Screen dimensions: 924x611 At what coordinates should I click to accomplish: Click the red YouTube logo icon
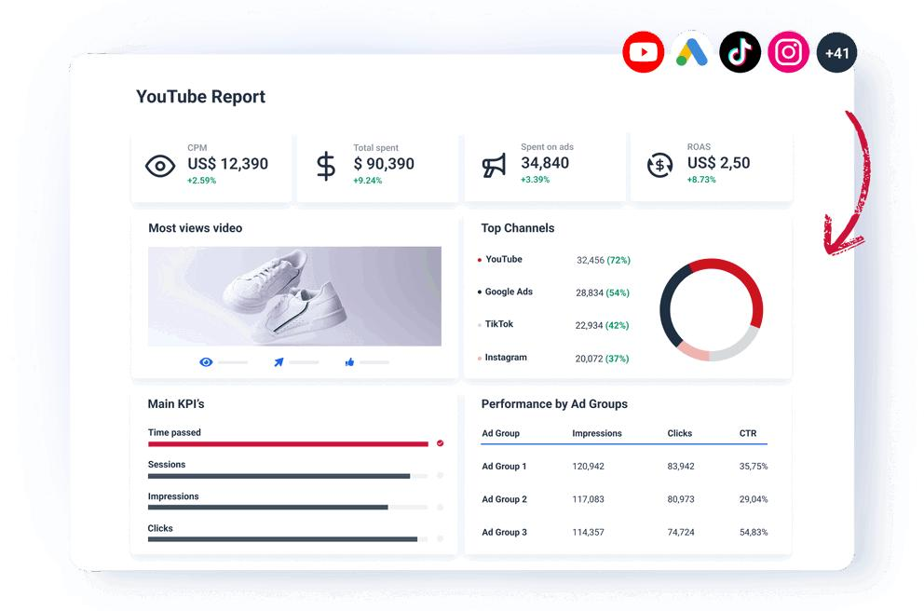click(x=643, y=52)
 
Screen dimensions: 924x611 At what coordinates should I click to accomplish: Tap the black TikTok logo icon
click(x=741, y=52)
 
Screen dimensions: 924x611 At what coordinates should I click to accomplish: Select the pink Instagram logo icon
click(x=788, y=52)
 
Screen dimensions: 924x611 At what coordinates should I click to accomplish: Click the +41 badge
click(x=836, y=52)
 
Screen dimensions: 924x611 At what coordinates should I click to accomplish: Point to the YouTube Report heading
click(x=201, y=97)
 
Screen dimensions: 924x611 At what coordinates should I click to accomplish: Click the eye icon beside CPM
click(x=159, y=166)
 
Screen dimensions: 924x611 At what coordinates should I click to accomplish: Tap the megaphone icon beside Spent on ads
click(x=494, y=166)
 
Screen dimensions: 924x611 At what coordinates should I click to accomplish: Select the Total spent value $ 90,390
click(x=384, y=164)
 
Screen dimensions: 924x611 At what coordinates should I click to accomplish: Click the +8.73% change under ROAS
click(x=701, y=180)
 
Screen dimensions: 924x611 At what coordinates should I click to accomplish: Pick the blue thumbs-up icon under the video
click(x=349, y=362)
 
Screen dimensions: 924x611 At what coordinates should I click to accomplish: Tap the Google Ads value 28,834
click(x=590, y=292)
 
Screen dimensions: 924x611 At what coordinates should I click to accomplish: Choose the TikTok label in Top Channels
click(x=499, y=324)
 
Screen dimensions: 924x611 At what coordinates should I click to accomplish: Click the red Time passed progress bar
click(x=288, y=443)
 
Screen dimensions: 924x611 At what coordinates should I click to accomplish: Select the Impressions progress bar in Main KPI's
click(x=268, y=508)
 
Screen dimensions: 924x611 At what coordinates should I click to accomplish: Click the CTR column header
click(x=748, y=434)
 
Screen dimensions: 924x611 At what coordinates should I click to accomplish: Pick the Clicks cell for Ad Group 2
click(x=681, y=499)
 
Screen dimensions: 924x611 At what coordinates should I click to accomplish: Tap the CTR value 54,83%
click(x=754, y=533)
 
